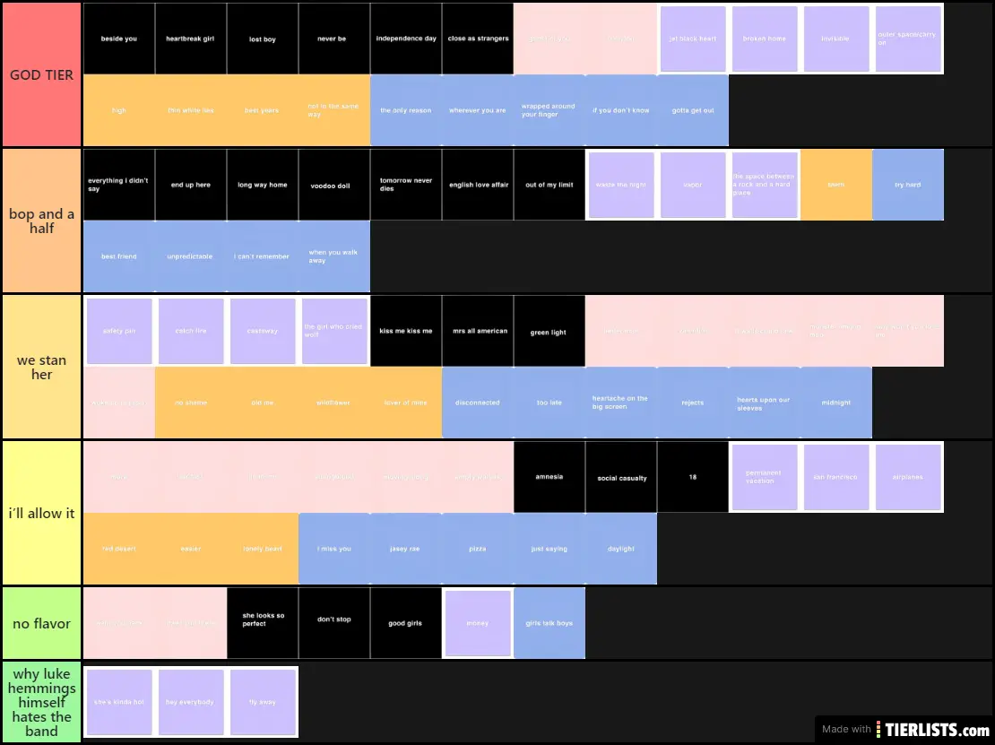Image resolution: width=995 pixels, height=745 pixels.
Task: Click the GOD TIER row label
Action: (41, 75)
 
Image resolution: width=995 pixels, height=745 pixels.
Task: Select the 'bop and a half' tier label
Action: (41, 221)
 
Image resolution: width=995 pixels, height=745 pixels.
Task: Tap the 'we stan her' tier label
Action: (41, 368)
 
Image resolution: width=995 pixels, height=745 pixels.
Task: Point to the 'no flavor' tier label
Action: (41, 624)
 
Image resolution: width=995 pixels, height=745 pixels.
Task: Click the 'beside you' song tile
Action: (119, 39)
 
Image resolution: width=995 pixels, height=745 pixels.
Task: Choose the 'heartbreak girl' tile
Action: (191, 39)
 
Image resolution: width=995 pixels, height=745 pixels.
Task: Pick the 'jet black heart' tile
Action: (693, 39)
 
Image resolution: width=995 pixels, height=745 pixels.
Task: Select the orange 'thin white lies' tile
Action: (191, 110)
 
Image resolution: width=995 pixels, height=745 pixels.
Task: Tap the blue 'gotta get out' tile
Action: (693, 110)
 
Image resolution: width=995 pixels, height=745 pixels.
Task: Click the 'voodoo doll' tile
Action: (334, 185)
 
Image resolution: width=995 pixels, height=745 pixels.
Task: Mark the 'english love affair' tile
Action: (478, 185)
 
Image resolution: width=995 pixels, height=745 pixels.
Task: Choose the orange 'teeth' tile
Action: (836, 185)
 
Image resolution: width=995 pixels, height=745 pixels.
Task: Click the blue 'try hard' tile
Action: (908, 185)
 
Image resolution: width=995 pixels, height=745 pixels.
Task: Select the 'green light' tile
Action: (549, 331)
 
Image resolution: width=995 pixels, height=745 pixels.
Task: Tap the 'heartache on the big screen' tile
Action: (621, 403)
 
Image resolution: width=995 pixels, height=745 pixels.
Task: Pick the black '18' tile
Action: (693, 477)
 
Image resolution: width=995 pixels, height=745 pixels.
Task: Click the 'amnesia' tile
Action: (549, 477)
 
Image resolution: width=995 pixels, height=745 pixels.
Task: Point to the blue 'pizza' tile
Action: (478, 549)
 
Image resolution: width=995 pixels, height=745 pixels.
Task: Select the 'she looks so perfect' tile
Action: (263, 623)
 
